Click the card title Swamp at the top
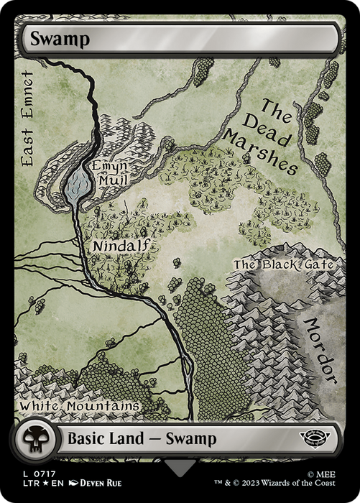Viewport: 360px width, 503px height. (x=60, y=40)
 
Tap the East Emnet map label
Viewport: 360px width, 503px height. (x=27, y=119)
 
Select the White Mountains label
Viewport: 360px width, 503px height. (x=79, y=406)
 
